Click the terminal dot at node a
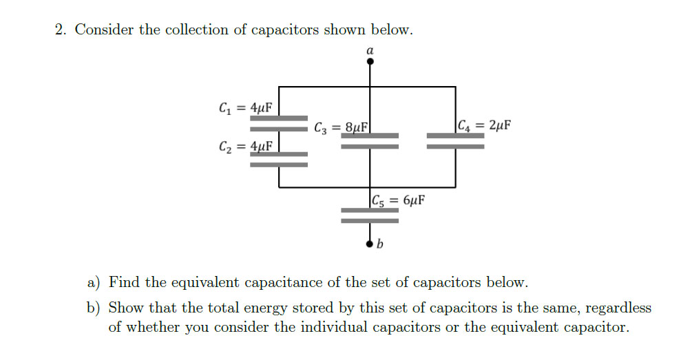[x=370, y=61]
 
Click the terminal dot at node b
[x=370, y=242]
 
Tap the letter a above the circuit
[x=370, y=50]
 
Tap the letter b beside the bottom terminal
[x=379, y=244]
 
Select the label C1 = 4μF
[x=244, y=107]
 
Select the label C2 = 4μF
[x=244, y=146]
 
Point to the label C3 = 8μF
[x=341, y=127]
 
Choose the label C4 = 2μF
[x=484, y=125]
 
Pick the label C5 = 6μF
[x=397, y=200]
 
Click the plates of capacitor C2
[x=279, y=160]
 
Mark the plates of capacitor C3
[x=370, y=140]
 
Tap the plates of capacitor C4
[x=455, y=140]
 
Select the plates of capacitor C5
[x=370, y=215]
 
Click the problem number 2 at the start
[x=61, y=30]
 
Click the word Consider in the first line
[x=104, y=30]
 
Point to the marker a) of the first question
[x=94, y=283]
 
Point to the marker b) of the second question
[x=94, y=308]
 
